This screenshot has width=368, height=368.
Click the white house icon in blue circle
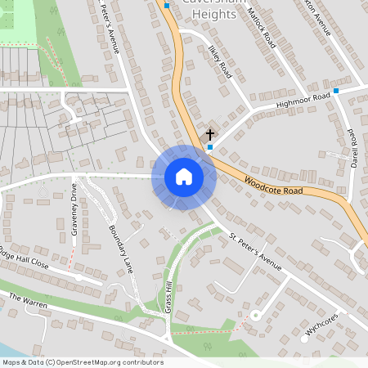pos(184,177)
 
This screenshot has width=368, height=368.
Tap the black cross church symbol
pos(209,134)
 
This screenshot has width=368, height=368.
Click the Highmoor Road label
pos(303,101)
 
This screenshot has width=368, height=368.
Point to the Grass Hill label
pos(169,295)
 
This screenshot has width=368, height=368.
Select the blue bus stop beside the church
pos(210,148)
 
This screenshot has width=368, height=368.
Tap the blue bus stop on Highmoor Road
pos(336,91)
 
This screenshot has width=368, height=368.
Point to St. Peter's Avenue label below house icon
pos(255,254)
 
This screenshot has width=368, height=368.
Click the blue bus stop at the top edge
pos(167,6)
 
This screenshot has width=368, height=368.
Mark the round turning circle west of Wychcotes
pos(255,315)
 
